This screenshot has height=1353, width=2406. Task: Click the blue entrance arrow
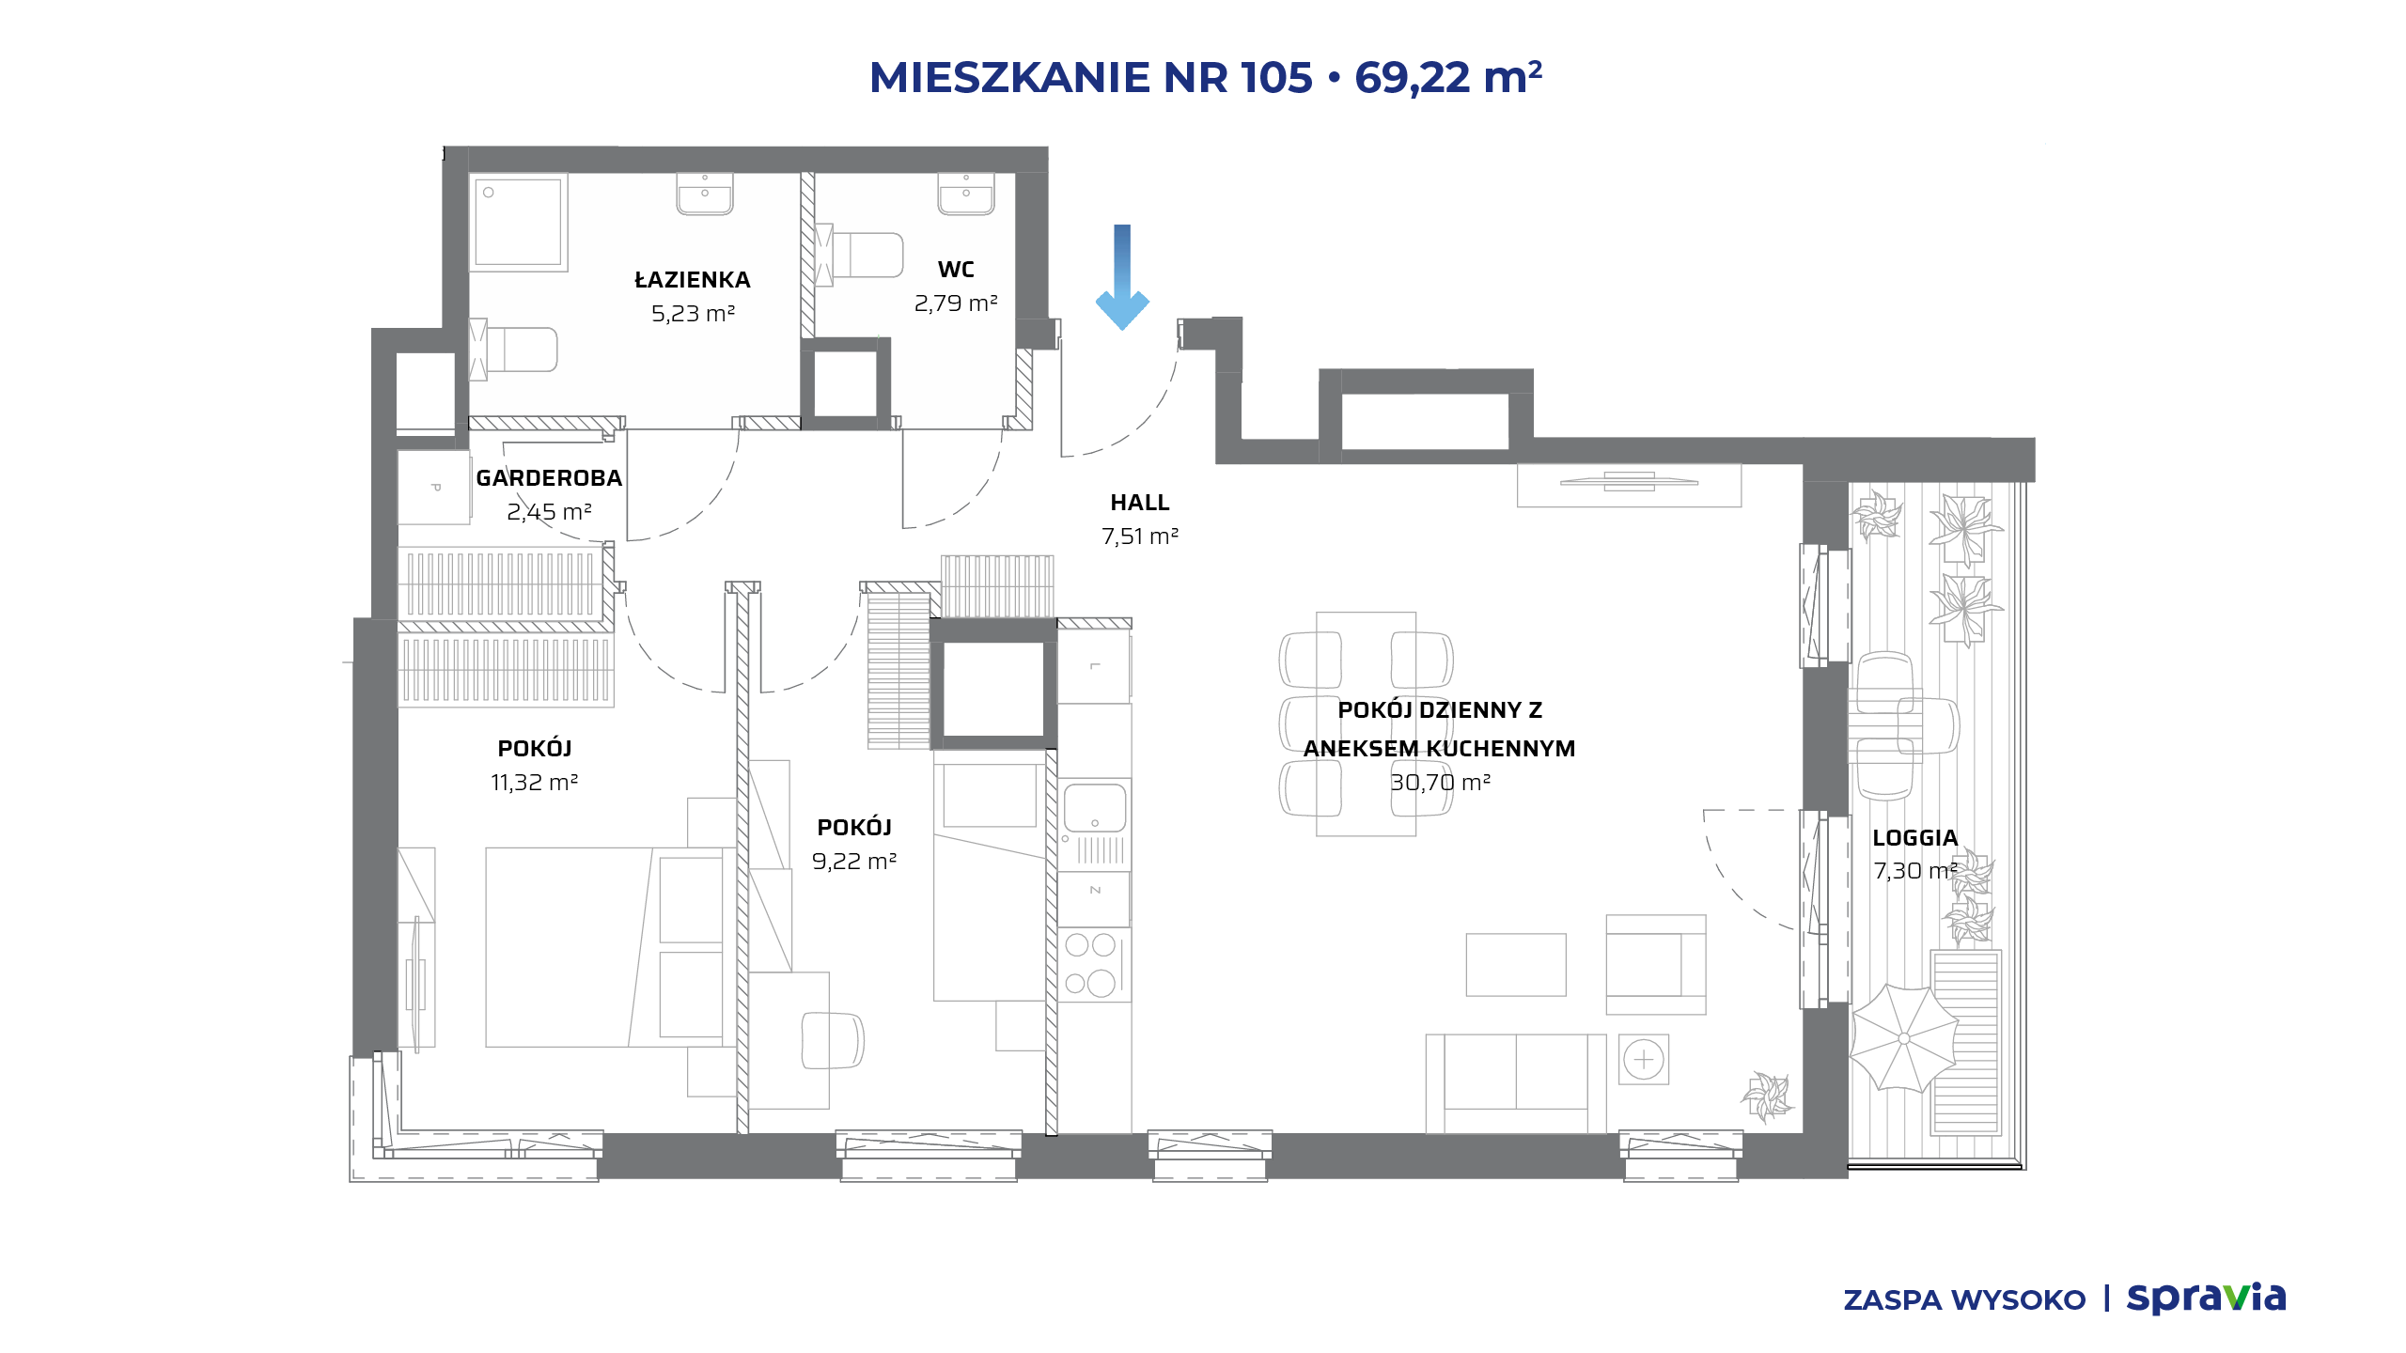pos(1122,277)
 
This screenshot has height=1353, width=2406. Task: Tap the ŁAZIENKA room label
pos(693,280)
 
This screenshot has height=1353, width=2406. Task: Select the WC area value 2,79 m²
pos(956,303)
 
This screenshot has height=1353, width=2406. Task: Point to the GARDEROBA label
pos(549,478)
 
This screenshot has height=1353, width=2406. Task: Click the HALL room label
pos(1140,503)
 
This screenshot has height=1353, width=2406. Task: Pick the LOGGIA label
pos(1915,837)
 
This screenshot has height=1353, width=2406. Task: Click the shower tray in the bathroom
pos(518,222)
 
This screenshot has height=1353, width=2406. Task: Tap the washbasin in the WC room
pos(966,194)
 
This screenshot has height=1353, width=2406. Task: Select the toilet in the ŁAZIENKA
pos(513,350)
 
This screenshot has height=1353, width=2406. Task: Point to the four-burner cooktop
pos(1091,964)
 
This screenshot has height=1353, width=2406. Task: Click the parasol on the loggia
pos(1904,1038)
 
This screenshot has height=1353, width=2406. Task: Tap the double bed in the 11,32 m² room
pos(610,947)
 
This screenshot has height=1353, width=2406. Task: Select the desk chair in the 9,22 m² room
pos(833,1040)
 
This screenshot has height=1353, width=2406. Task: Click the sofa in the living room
pos(1516,1083)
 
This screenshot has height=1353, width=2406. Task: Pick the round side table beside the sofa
pos(1644,1060)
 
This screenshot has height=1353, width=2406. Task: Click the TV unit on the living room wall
pos(1629,484)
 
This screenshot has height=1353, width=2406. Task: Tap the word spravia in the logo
pos(2206,1298)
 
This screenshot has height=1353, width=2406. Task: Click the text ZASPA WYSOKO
pos(1964,1299)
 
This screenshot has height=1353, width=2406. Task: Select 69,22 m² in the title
pos(1448,77)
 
